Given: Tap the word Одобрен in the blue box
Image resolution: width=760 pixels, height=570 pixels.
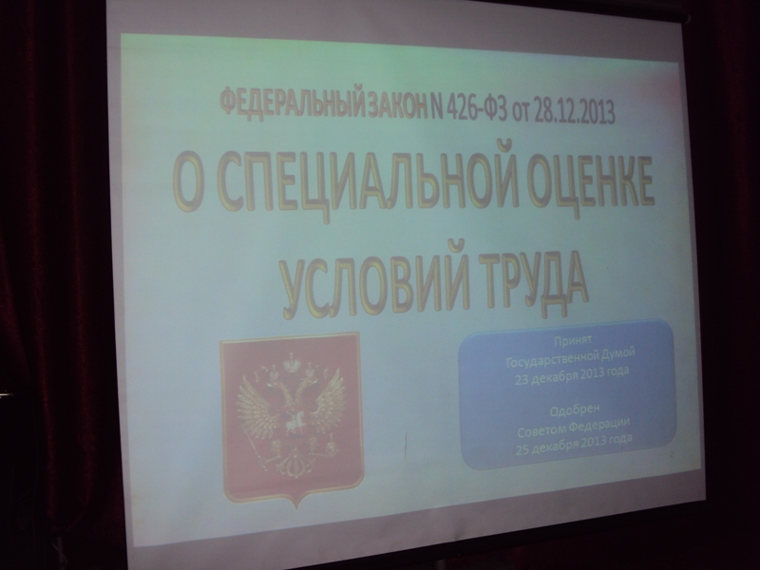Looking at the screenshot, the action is point(571,411).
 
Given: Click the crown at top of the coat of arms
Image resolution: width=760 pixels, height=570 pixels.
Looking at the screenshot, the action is point(292,362).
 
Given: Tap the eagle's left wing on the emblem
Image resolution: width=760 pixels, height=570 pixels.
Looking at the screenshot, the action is point(256,402).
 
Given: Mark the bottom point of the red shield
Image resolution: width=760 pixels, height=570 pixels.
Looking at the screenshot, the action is point(296,508).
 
